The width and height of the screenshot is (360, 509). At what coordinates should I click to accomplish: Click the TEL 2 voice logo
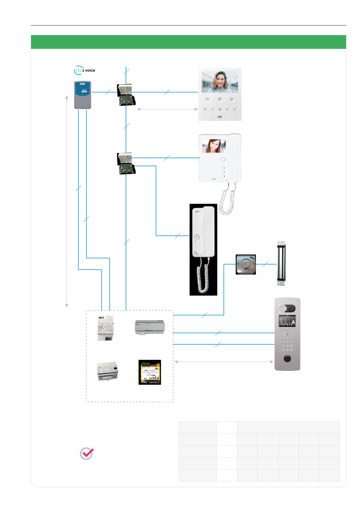84,71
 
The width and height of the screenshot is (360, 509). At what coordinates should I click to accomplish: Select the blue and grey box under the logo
82,95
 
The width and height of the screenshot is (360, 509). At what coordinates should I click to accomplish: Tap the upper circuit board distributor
126,95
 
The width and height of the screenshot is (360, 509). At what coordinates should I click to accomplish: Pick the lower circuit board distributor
126,163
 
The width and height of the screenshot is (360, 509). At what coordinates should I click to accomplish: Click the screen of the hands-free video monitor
220,82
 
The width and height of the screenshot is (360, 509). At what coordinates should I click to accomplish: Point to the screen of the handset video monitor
214,146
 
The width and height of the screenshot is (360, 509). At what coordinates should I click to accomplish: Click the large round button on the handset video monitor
223,159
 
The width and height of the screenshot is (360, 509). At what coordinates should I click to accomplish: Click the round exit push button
246,264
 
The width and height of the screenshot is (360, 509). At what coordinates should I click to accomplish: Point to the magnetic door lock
281,263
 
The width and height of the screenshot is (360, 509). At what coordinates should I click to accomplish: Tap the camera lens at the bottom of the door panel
287,358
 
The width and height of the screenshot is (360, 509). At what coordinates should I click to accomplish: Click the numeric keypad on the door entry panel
287,344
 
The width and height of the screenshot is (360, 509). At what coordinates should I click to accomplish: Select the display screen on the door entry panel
287,321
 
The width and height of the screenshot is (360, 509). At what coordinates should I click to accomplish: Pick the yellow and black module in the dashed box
150,372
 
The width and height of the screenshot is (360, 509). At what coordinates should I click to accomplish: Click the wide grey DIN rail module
150,327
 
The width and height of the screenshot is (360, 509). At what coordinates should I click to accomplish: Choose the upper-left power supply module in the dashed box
105,328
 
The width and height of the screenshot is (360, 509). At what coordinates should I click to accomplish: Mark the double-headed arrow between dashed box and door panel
224,362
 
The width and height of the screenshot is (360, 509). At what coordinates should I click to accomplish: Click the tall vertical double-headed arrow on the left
67,201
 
